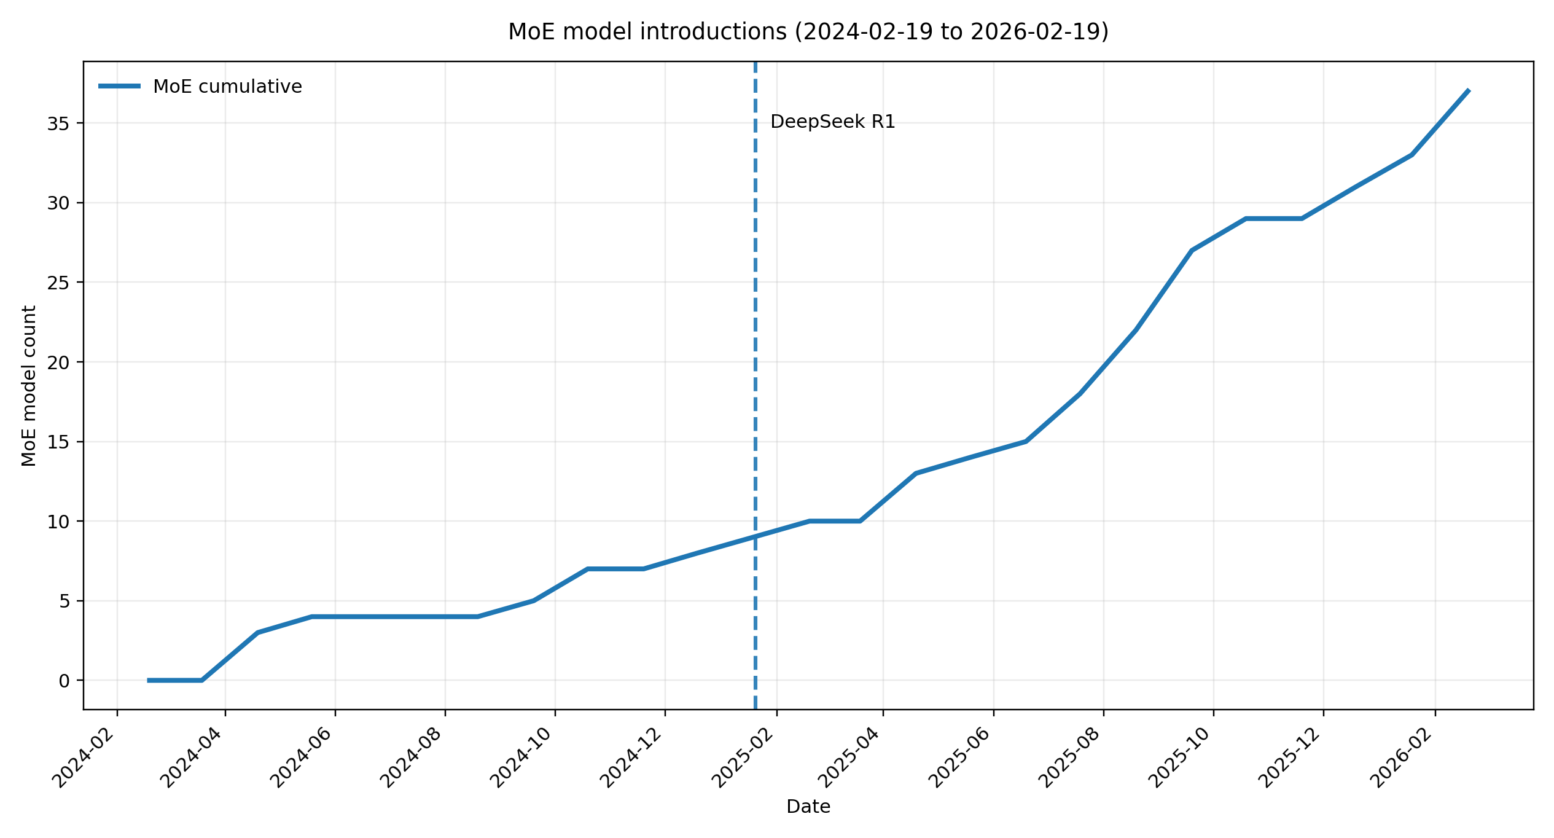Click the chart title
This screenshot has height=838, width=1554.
point(808,32)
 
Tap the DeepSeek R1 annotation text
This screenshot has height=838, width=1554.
point(832,122)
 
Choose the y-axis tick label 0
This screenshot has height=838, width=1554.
point(64,681)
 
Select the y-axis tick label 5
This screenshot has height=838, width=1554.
point(64,601)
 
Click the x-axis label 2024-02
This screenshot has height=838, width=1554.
point(85,757)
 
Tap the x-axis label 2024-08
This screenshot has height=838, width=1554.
point(413,757)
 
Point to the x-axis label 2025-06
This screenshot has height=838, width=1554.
point(962,757)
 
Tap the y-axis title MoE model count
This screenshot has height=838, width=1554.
point(29,386)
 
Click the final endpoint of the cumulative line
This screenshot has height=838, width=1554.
point(1468,90)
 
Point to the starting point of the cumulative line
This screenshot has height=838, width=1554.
point(148,680)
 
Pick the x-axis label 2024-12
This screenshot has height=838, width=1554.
point(633,757)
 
